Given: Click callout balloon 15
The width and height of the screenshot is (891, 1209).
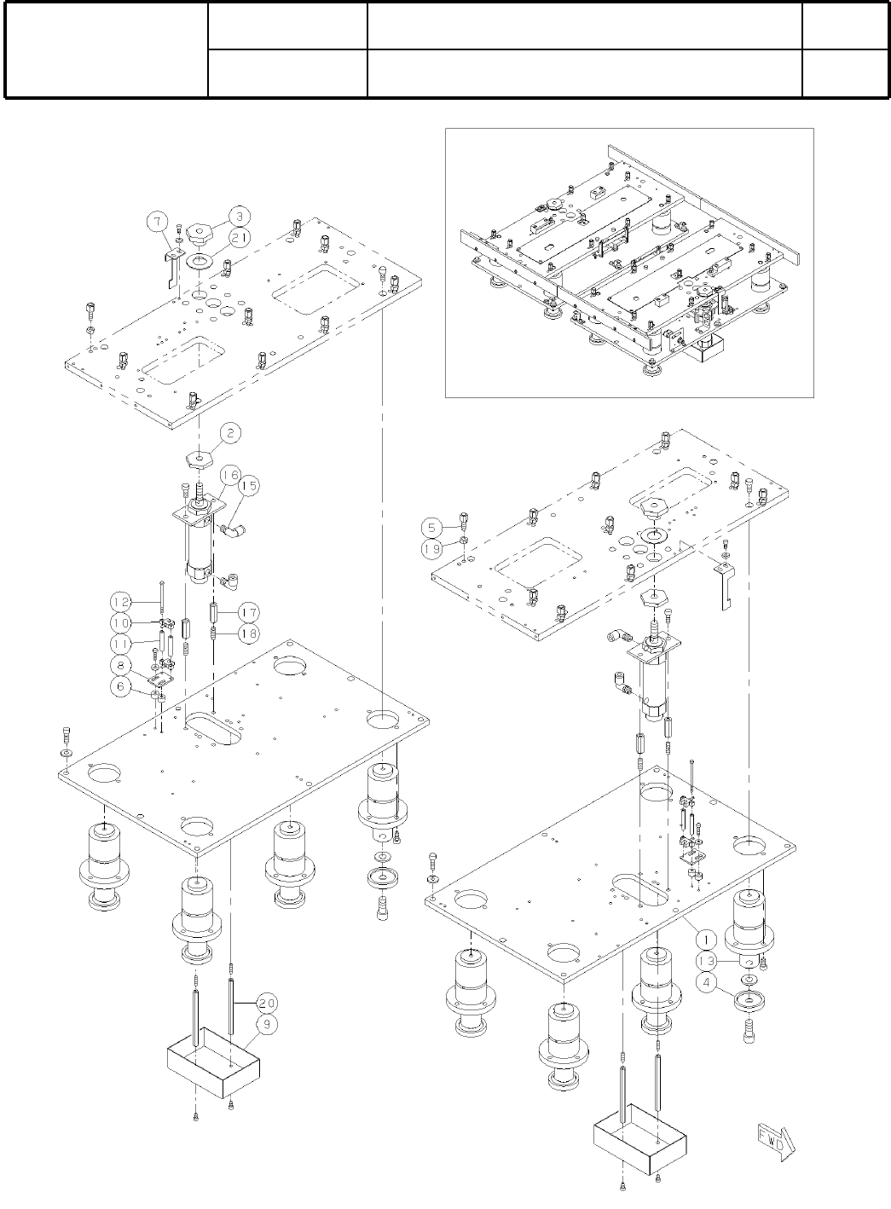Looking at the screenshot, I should (x=248, y=485).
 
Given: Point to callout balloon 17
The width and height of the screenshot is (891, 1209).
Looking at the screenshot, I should (x=248, y=612).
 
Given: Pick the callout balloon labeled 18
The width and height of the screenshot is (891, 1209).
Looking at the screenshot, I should (x=248, y=633).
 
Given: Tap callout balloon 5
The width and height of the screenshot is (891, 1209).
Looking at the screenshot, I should (x=431, y=525).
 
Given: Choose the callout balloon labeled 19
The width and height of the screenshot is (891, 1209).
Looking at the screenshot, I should (x=431, y=549).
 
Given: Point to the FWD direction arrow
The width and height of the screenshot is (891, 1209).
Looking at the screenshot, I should (x=773, y=1142).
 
